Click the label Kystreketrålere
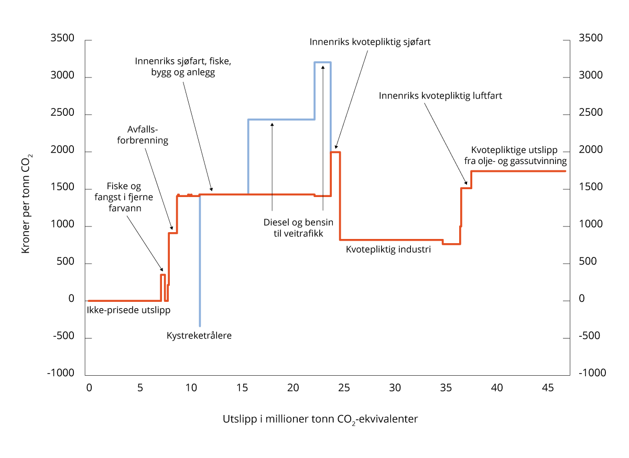click(x=199, y=335)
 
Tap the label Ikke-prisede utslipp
click(x=128, y=310)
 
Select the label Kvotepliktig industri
click(x=388, y=250)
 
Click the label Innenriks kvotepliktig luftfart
click(x=440, y=96)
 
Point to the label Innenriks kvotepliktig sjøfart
click(x=370, y=41)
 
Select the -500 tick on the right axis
click(x=591, y=336)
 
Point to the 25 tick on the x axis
click(x=344, y=388)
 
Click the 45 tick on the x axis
click(x=548, y=388)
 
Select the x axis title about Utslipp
click(x=320, y=420)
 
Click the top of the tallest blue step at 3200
click(x=322, y=62)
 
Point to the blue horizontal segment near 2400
click(x=281, y=119)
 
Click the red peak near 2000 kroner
click(x=335, y=152)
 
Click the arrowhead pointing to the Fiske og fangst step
click(x=162, y=269)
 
